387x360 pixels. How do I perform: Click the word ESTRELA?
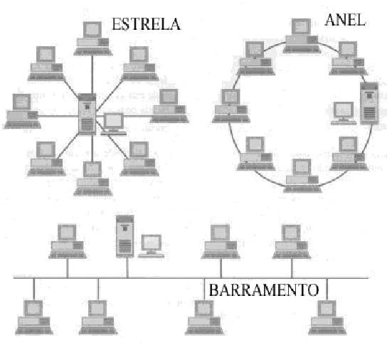146,23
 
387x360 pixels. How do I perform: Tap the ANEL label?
344,20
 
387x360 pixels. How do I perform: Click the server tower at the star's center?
87,115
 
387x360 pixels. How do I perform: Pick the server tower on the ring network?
369,104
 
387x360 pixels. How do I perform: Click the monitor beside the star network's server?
113,123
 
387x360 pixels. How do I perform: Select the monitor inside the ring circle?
344,112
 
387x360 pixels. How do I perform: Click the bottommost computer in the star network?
91,177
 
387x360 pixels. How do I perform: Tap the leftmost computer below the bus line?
33,316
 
